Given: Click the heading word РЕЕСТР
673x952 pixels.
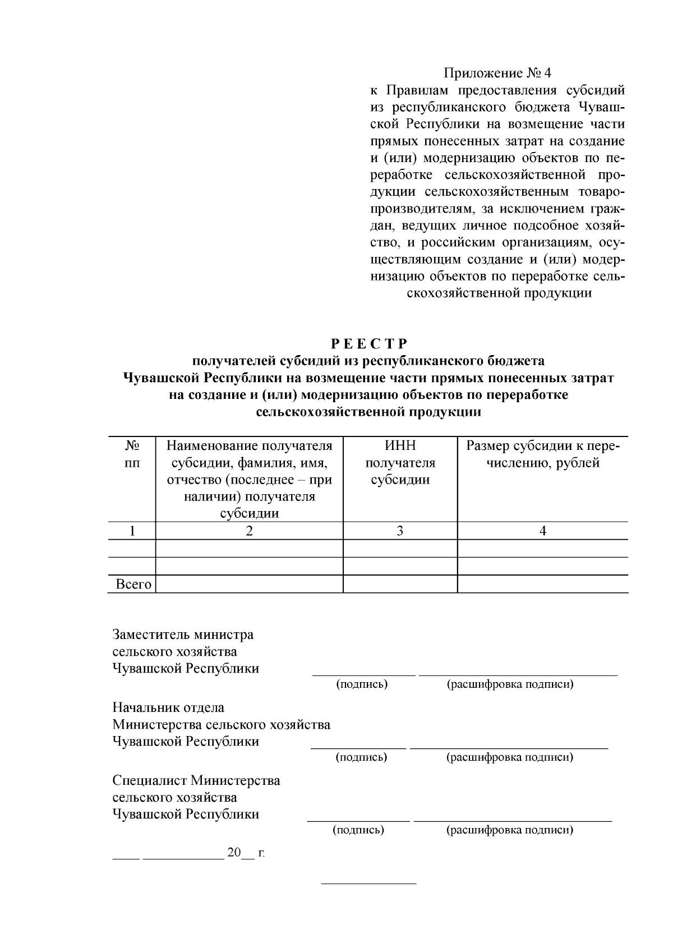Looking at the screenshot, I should click(x=368, y=343).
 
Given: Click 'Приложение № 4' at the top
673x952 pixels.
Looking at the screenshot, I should click(x=497, y=73).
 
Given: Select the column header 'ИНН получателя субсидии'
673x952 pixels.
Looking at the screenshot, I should click(x=400, y=463).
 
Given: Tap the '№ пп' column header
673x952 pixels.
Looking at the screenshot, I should click(x=132, y=454).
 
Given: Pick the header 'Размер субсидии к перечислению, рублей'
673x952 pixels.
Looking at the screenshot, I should click(x=542, y=454).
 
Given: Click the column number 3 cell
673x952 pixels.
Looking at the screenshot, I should click(x=400, y=531).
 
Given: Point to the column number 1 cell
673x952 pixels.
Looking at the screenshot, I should click(x=132, y=531).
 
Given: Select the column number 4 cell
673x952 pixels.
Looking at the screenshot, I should click(x=542, y=531).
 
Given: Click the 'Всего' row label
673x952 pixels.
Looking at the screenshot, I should click(x=133, y=585).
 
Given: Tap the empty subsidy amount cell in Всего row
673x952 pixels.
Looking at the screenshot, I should click(x=542, y=585).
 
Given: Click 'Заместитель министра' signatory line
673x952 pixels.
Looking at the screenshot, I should click(x=183, y=635).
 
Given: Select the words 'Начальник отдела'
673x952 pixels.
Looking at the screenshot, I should click(x=168, y=708).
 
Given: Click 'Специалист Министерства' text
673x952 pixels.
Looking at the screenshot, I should click(x=196, y=781).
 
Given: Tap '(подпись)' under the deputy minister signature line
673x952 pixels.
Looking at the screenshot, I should click(x=362, y=684).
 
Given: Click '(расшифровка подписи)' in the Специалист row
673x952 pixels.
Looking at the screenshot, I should click(x=509, y=830).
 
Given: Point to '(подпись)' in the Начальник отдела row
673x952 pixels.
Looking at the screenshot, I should click(x=361, y=757).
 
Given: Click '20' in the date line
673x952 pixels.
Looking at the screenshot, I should click(x=233, y=853).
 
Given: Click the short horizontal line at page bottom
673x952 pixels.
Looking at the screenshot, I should click(x=368, y=884).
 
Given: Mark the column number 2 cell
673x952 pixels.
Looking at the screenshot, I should click(x=249, y=531).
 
